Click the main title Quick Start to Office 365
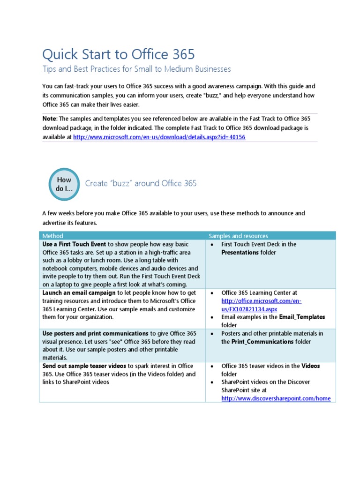tap(118, 54)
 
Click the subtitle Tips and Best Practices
tap(136, 69)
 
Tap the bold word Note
tap(49, 118)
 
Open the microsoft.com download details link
tap(159, 137)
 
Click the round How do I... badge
tap(64, 184)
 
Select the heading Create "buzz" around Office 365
tap(141, 183)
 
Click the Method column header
tap(53, 236)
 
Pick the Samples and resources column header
tap(238, 236)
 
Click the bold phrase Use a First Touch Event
tap(74, 244)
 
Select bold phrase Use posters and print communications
tap(96, 333)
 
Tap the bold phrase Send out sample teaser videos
tap(84, 366)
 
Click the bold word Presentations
tap(240, 252)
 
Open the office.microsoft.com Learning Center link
tap(261, 305)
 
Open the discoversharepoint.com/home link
tap(276, 398)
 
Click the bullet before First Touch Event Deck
tap(212, 244)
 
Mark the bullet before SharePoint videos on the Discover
tap(212, 382)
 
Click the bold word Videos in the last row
tap(310, 366)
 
